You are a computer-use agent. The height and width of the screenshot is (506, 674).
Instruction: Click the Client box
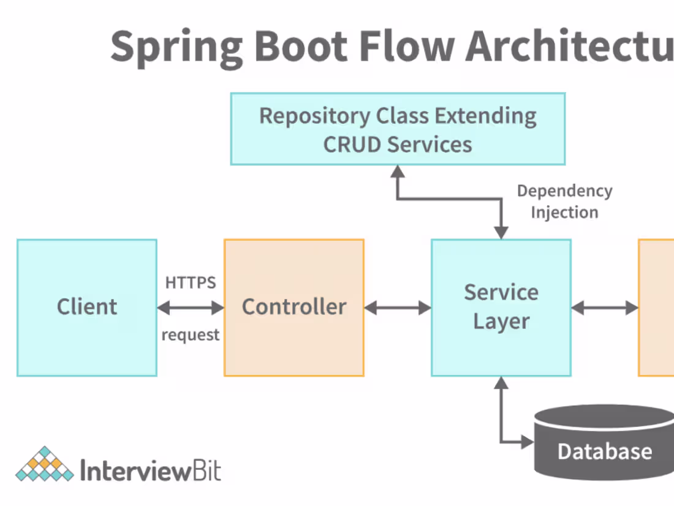coord(86,307)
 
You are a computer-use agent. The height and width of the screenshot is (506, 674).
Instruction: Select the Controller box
coord(294,307)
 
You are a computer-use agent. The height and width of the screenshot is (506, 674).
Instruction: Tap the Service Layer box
coord(501,307)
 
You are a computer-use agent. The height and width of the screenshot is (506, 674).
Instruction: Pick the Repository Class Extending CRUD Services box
coord(398,129)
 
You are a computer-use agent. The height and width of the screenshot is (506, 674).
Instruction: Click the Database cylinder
coord(604,442)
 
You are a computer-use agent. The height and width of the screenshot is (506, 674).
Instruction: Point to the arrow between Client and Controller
coord(191,308)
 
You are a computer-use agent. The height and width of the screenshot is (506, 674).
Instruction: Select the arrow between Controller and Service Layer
coord(398,308)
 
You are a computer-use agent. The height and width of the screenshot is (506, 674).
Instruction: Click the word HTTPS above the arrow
coord(191,282)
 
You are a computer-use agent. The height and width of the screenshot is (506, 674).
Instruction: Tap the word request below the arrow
coord(191,335)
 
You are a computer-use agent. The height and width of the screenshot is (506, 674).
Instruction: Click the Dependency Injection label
coord(564,202)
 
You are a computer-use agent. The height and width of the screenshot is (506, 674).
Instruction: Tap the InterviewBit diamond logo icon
coord(44,465)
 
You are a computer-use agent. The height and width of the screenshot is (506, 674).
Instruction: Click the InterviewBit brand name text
coord(151,472)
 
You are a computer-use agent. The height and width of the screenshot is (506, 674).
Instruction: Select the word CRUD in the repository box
coord(352,145)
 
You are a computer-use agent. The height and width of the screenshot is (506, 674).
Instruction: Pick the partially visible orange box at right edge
coord(656,307)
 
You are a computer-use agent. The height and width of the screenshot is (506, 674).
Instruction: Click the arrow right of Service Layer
coord(605,308)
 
